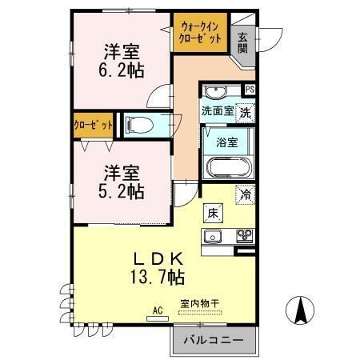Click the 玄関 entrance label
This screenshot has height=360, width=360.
coord(242,42)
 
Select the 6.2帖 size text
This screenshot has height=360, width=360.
coord(122,70)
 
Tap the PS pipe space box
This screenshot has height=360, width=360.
coord(250,90)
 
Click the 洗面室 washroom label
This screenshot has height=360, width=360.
coord(218,111)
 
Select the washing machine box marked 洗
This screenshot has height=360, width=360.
coord(246,111)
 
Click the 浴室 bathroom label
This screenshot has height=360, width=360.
coord(226,143)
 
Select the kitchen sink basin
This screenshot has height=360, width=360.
coord(214,235)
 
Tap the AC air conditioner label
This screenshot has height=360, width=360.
coord(158,310)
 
